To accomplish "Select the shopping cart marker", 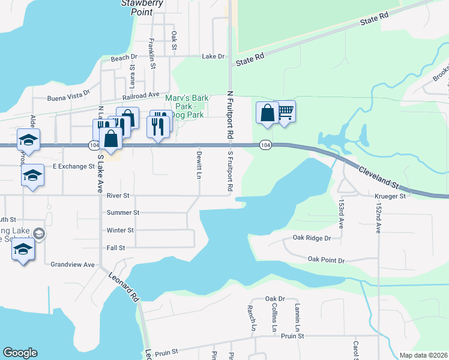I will [285, 111].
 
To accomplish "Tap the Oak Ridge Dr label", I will [312, 238].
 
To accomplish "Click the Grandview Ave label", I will [73, 265].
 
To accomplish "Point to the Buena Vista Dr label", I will [68, 96].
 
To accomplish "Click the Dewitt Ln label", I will [199, 164].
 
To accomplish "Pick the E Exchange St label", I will [74, 166].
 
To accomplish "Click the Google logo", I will [20, 353].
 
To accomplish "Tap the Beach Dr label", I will [124, 58].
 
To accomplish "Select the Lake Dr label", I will [213, 56].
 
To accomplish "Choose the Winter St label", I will [120, 230].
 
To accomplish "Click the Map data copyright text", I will [423, 355].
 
